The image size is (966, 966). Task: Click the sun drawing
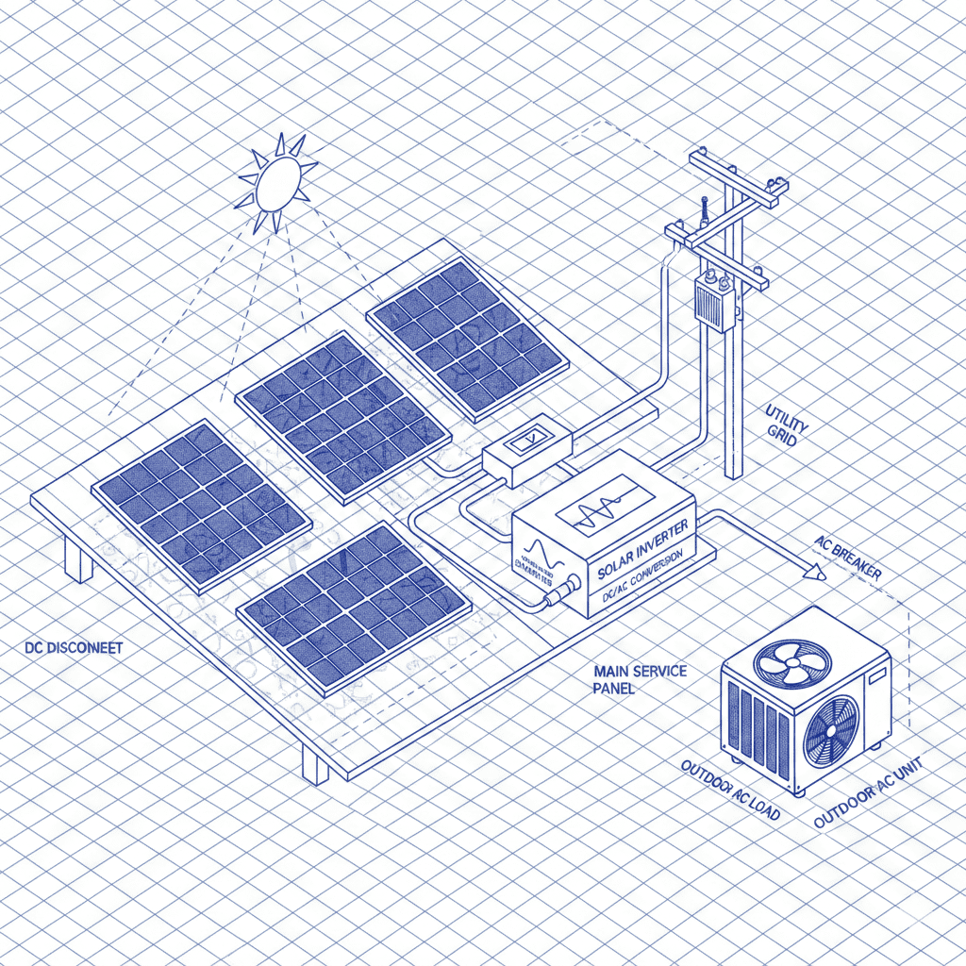pyautogui.click(x=275, y=183)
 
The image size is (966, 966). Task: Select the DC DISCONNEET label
pyautogui.click(x=74, y=649)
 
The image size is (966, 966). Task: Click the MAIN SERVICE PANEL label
pyautogui.click(x=640, y=679)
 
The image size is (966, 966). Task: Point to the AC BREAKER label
pyautogui.click(x=848, y=559)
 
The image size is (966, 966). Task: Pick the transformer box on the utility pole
pyautogui.click(x=714, y=301)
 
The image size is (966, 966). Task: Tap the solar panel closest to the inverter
pyautogui.click(x=354, y=602)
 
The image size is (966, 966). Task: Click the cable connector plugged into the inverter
pyautogui.click(x=556, y=596)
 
